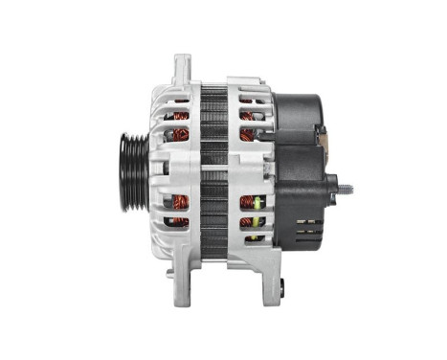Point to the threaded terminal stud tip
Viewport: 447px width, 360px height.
point(350,187)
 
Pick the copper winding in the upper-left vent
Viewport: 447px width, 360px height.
point(178,122)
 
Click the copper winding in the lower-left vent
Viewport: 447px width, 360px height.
point(178,209)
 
